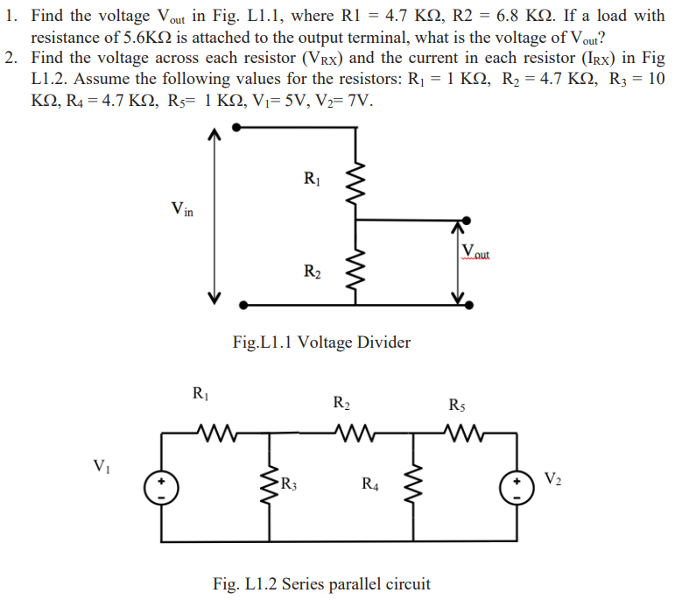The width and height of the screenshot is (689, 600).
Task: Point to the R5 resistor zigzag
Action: tap(461, 431)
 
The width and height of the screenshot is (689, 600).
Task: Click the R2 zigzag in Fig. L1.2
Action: tap(353, 431)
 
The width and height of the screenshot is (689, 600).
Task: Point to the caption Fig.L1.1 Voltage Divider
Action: tap(321, 342)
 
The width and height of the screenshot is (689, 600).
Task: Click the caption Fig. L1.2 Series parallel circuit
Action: tap(322, 583)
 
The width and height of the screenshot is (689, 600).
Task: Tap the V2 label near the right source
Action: tap(553, 478)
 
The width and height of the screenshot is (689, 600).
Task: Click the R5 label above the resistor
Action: tap(457, 405)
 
